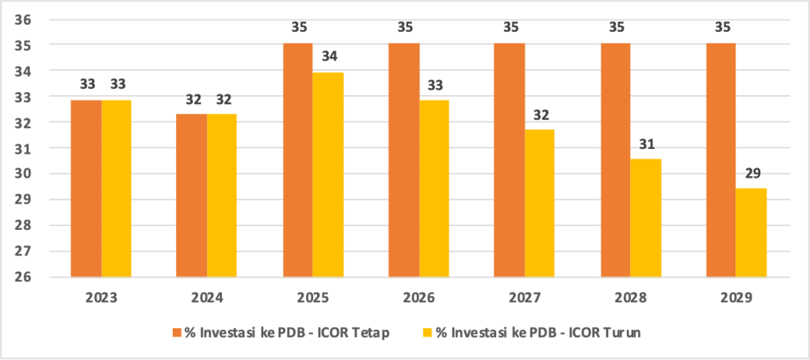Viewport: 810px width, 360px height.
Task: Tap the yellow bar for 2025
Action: pyautogui.click(x=328, y=174)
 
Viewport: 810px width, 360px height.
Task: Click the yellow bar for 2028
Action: pyautogui.click(x=646, y=218)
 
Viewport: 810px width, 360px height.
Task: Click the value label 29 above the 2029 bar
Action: pyautogui.click(x=751, y=174)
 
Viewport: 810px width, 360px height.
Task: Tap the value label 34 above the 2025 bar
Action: pyautogui.click(x=328, y=58)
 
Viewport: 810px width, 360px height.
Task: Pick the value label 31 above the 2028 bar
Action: pyautogui.click(x=646, y=144)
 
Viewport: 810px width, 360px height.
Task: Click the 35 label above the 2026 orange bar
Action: pyautogui.click(x=403, y=28)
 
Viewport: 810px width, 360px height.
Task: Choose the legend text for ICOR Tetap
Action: pyautogui.click(x=287, y=333)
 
